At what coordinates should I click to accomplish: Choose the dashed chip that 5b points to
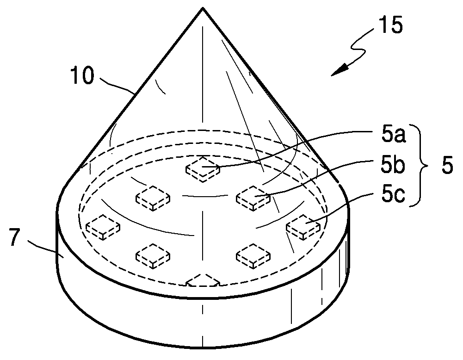(253, 197)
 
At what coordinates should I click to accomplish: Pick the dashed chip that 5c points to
(303, 227)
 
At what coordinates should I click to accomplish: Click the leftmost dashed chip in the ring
(103, 227)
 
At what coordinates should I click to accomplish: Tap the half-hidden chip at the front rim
(202, 280)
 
